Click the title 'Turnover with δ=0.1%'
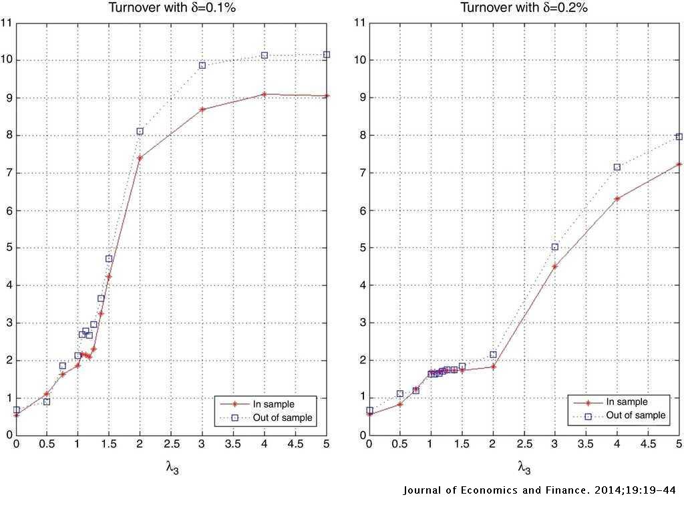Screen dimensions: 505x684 [172, 8]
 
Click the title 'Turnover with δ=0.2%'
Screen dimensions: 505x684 [524, 8]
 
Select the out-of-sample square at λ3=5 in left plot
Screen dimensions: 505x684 [327, 54]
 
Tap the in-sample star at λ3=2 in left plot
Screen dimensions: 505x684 [140, 158]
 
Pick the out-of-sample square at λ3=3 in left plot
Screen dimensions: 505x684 [202, 65]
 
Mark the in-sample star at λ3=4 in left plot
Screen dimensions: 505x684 [265, 94]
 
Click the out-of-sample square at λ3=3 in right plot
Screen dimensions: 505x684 [554, 246]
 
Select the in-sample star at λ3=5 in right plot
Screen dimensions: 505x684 [679, 164]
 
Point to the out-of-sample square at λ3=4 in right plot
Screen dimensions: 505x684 [617, 167]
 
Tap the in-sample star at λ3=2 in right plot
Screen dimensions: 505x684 [493, 366]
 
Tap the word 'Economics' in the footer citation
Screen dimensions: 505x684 [480, 491]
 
